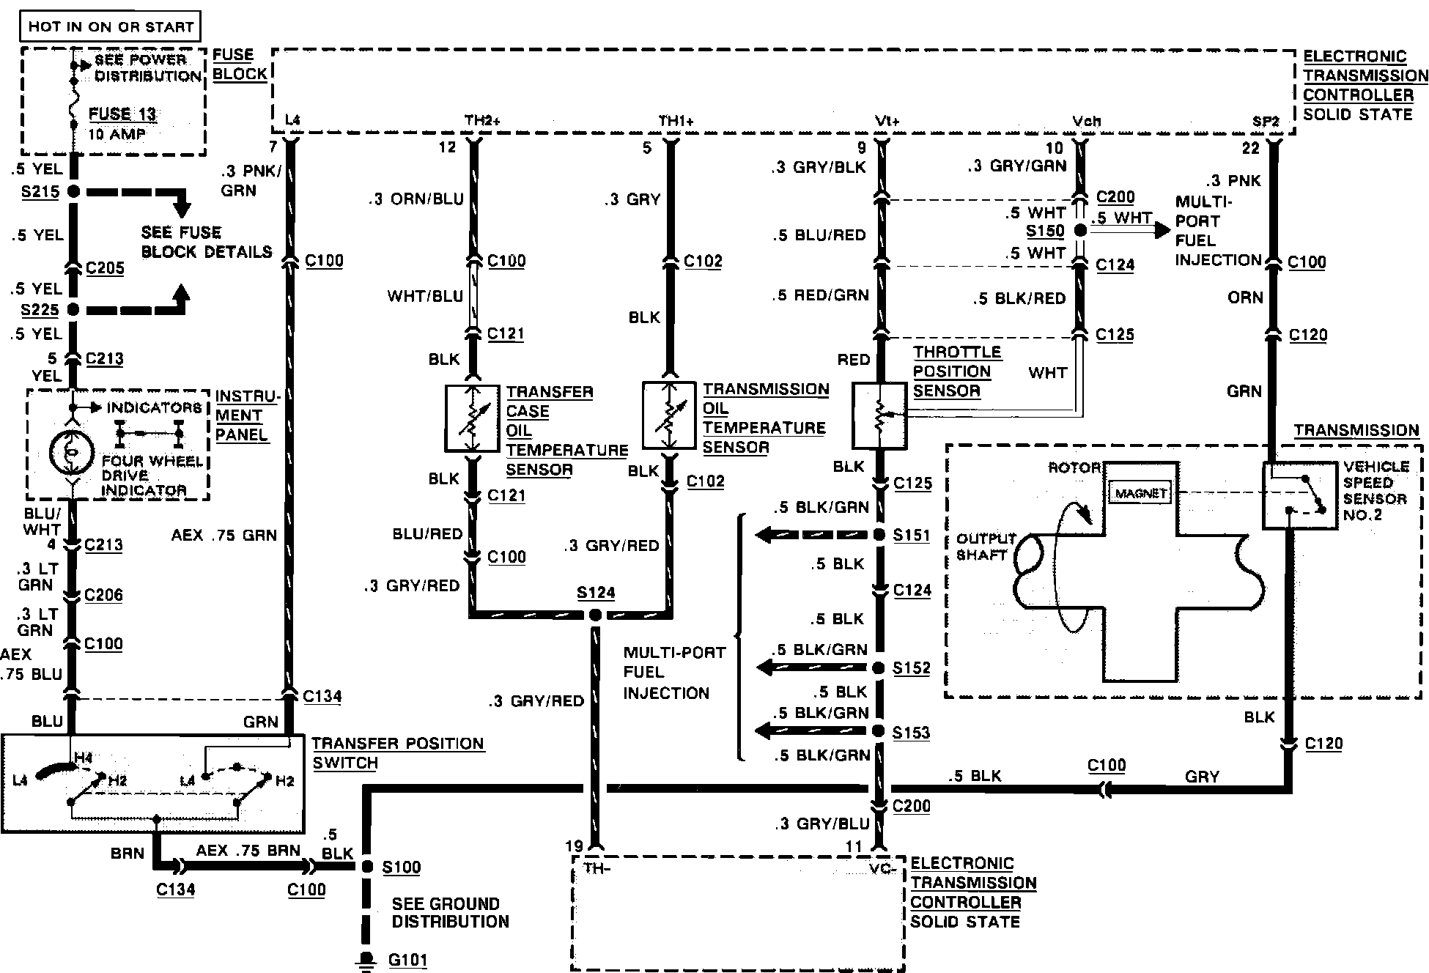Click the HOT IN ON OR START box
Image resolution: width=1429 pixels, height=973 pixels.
click(111, 27)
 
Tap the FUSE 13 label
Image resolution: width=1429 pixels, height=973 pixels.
click(122, 114)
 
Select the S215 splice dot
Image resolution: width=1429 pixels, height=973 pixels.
click(73, 192)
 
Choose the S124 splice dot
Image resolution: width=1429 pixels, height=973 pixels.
click(596, 615)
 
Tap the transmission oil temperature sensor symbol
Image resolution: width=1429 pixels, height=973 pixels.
click(669, 415)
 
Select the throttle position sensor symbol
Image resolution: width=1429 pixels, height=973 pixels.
click(880, 415)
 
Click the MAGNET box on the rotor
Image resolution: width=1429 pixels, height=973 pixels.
click(1141, 493)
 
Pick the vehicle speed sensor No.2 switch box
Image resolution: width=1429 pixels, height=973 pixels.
click(1299, 495)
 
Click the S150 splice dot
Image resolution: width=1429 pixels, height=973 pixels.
click(1080, 230)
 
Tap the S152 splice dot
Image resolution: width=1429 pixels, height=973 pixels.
click(879, 667)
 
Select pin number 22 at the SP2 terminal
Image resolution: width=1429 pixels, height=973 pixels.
click(1251, 148)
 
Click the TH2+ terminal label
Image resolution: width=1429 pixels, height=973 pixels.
click(481, 120)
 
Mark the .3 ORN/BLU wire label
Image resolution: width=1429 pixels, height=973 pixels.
click(416, 199)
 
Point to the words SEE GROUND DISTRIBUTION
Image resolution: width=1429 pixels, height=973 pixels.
click(450, 913)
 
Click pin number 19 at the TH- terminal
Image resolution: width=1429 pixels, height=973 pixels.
click(575, 846)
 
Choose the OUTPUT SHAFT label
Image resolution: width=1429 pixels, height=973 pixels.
click(986, 547)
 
